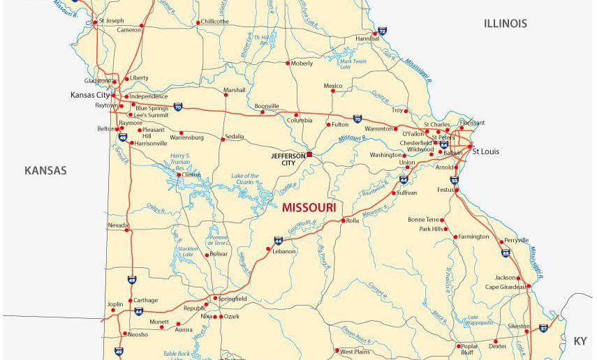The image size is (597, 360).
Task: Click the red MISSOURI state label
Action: [x=309, y=208]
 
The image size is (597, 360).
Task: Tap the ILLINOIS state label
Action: [x=505, y=24]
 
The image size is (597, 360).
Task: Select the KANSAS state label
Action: [x=45, y=170]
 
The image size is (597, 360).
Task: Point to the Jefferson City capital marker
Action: [x=309, y=155]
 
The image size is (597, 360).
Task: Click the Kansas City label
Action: [x=90, y=95]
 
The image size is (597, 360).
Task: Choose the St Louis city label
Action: [x=485, y=151]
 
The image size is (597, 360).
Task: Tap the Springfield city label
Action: [x=233, y=299]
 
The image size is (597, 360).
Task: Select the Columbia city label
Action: [x=300, y=121]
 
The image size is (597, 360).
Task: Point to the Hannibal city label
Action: [x=367, y=38]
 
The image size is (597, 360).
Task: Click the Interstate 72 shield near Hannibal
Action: [x=382, y=32]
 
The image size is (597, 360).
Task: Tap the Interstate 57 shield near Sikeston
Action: [x=543, y=327]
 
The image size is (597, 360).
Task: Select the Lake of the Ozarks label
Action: [x=245, y=179]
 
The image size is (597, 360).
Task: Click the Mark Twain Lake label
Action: [x=353, y=64]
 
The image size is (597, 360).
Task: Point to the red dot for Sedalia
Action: [x=223, y=140]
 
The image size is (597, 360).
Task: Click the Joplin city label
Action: [x=115, y=304]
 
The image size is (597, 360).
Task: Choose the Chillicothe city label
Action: [x=215, y=22]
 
